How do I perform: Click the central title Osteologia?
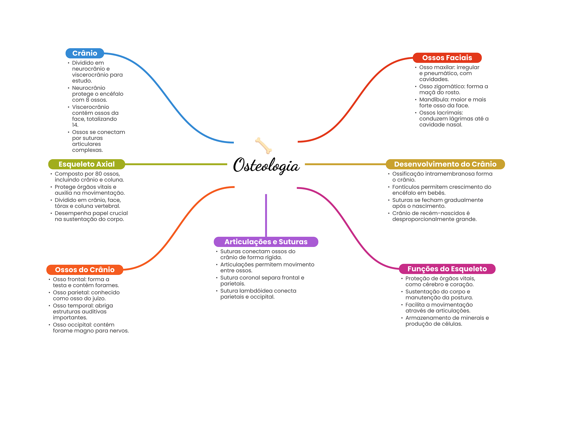[266, 165]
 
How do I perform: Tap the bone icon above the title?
[263, 145]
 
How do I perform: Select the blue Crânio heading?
[85, 53]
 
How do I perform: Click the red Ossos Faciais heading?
[447, 58]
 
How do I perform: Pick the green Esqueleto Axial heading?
[86, 164]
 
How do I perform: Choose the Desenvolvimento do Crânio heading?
[445, 164]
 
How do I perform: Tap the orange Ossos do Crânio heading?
[85, 270]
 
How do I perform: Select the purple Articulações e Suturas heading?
[266, 242]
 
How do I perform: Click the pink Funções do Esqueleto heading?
[447, 269]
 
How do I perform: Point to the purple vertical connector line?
[266, 215]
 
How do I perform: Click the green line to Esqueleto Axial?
[176, 164]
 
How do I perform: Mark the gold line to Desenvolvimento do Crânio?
[345, 164]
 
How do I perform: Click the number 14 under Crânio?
[75, 125]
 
